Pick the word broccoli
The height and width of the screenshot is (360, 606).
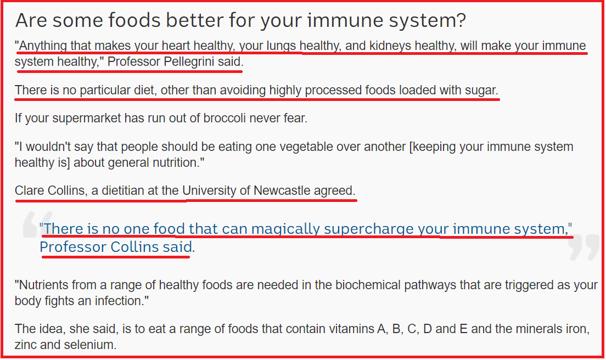click(225, 118)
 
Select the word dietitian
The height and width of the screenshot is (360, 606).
click(124, 190)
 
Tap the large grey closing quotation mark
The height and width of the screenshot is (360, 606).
click(583, 246)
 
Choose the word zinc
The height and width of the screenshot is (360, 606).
click(25, 345)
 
